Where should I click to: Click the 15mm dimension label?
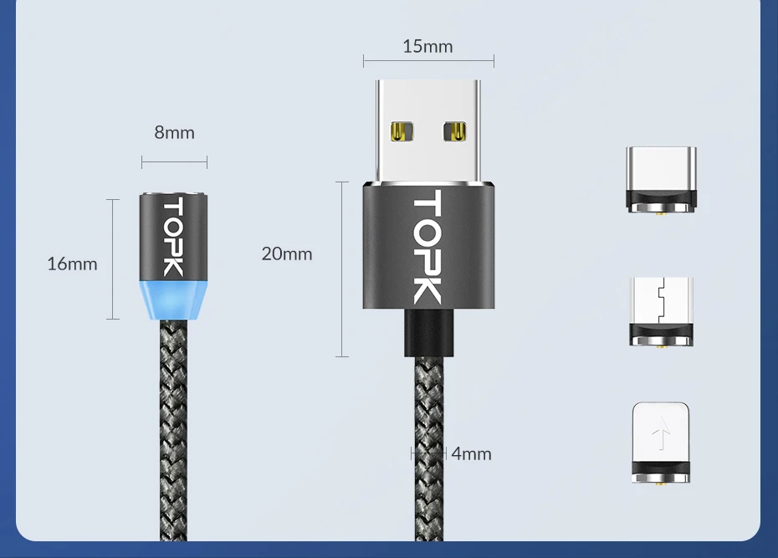[427, 46]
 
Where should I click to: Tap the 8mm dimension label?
[174, 132]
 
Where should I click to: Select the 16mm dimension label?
[72, 264]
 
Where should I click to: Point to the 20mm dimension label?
[287, 253]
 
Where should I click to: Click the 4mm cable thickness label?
[472, 453]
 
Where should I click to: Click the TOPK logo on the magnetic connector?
[173, 238]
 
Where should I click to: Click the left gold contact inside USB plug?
[402, 131]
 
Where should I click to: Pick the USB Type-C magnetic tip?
[661, 179]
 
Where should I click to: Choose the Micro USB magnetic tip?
[661, 311]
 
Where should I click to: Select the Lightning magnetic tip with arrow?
[661, 443]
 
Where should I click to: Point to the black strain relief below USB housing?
[427, 332]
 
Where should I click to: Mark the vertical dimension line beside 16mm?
[113, 259]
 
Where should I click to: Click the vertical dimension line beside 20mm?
[342, 269]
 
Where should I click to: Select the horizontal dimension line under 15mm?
[428, 61]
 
